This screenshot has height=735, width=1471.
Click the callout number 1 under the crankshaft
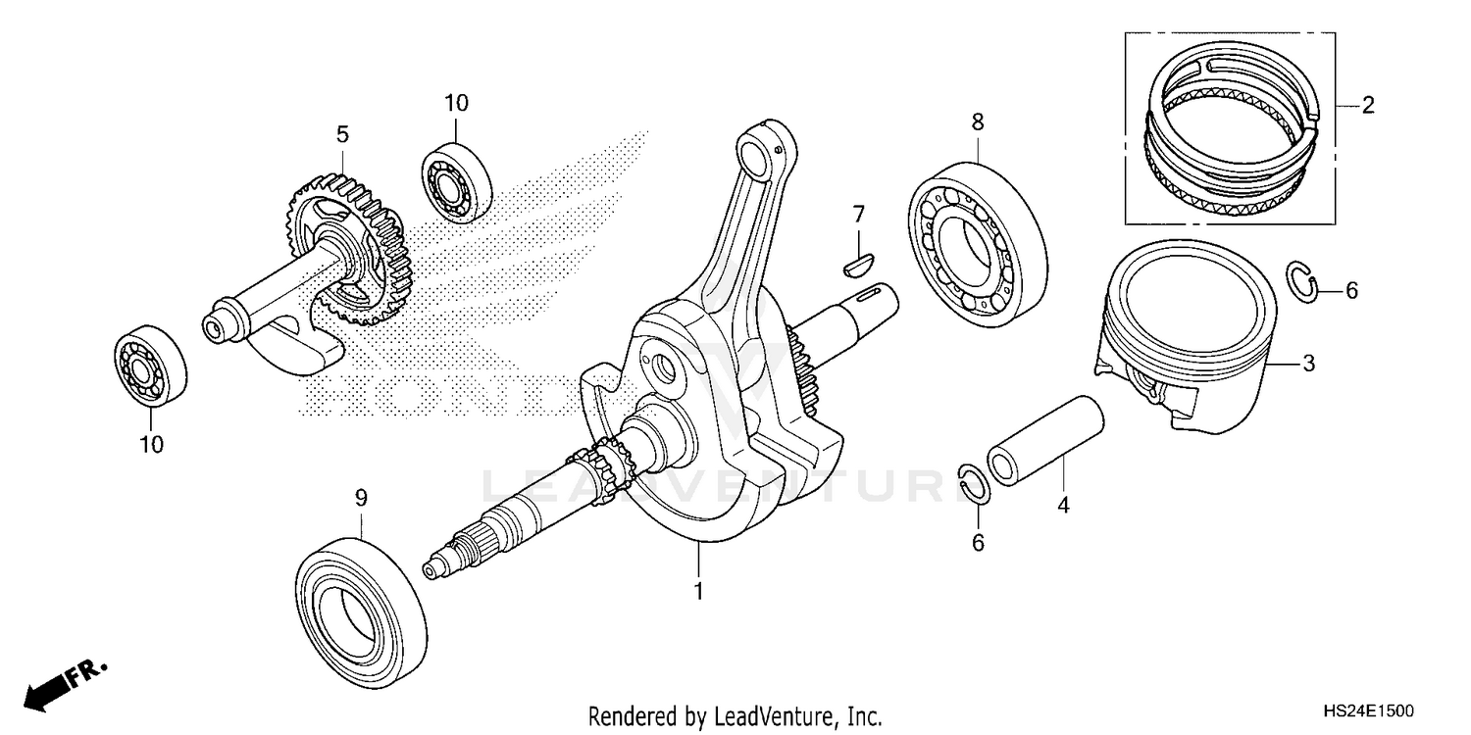698,592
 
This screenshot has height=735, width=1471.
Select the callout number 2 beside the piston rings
1367,106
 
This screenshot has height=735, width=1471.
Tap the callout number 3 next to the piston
1308,365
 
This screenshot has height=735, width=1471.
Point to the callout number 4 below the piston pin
1063,506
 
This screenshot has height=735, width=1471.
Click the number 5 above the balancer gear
342,133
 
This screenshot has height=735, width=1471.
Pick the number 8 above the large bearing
977,122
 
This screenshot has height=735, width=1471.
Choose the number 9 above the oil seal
360,498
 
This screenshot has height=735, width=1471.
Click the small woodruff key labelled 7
858,260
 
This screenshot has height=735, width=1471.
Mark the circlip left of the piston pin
973,483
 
